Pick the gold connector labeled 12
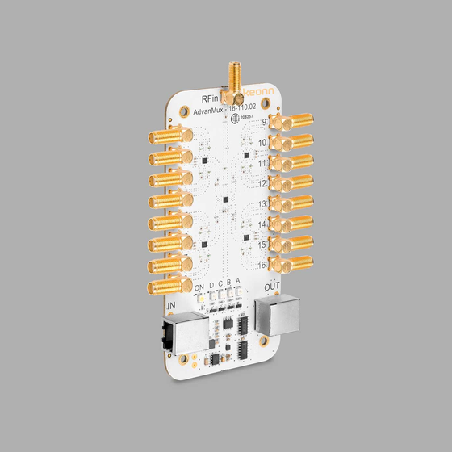pyautogui.click(x=292, y=182)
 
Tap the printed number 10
pyautogui.click(x=263, y=143)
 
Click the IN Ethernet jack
pyautogui.click(x=183, y=333)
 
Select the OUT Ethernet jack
pyautogui.click(x=277, y=315)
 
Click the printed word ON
pyautogui.click(x=199, y=287)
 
